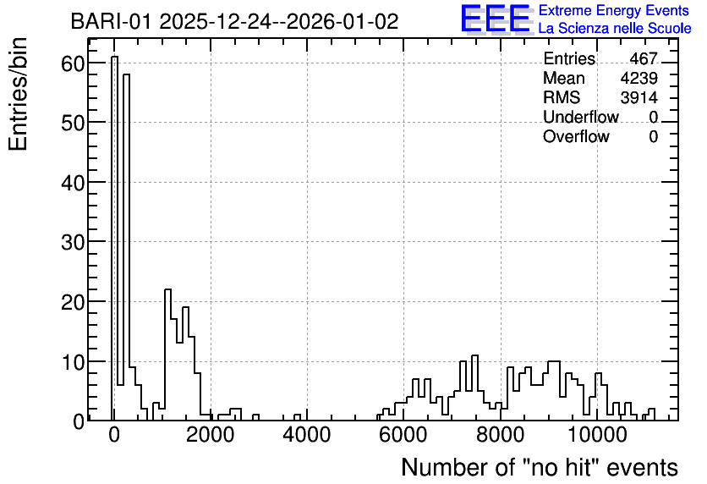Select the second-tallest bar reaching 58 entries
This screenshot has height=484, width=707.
(126, 247)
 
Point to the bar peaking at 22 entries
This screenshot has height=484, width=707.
(167, 355)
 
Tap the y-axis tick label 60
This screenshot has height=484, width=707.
(73, 63)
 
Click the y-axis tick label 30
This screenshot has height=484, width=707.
(73, 243)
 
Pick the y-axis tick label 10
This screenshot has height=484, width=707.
(73, 362)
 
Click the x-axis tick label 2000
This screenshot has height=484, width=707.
(210, 435)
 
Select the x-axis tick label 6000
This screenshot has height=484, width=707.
(403, 435)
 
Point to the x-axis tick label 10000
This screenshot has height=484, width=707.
(596, 435)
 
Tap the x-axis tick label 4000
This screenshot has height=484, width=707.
(307, 435)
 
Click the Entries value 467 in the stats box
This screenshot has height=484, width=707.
(644, 58)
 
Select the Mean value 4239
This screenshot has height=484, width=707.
(638, 78)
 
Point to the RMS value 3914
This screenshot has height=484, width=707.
(638, 97)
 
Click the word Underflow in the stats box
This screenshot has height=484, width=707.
(581, 117)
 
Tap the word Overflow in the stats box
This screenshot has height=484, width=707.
(576, 136)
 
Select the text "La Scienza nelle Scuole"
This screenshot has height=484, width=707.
(615, 29)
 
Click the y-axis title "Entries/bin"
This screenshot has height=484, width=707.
(18, 94)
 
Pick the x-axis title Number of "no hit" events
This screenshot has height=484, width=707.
(540, 467)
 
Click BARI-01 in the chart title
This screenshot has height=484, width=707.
(112, 21)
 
